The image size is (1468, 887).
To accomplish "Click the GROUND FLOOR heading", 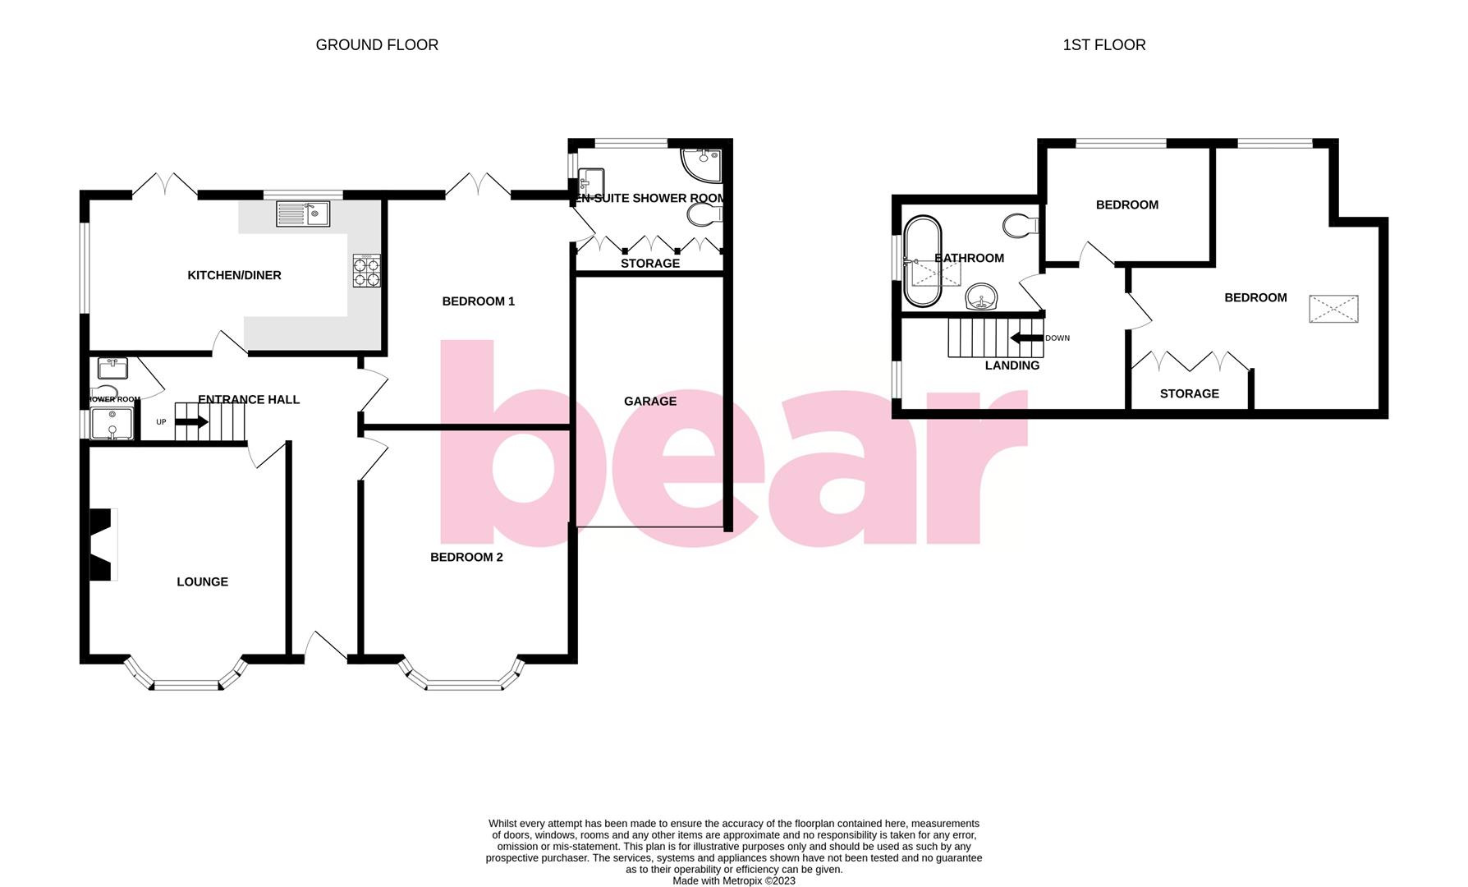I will (x=377, y=45).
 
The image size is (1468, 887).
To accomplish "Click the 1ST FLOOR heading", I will (x=1103, y=45).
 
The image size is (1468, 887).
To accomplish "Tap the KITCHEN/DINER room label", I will (x=234, y=275).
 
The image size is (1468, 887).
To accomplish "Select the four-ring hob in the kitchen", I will (x=367, y=271).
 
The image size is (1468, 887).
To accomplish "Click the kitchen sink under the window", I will (x=302, y=214).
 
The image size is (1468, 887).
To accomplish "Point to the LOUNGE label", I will (x=202, y=581).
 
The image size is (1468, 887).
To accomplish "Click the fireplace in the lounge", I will (x=101, y=545).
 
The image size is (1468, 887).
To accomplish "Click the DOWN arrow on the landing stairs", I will (x=1026, y=338).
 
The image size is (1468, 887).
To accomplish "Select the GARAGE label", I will (x=649, y=401).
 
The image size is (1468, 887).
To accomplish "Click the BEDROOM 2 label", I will (x=466, y=557).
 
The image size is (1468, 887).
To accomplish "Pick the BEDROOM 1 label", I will (x=478, y=301).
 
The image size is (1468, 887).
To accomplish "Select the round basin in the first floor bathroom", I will (x=982, y=297).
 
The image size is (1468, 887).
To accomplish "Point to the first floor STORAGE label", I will (x=1189, y=393).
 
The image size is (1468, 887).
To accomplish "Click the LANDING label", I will (x=1012, y=365).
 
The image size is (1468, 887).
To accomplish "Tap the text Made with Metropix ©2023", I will (x=733, y=880).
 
